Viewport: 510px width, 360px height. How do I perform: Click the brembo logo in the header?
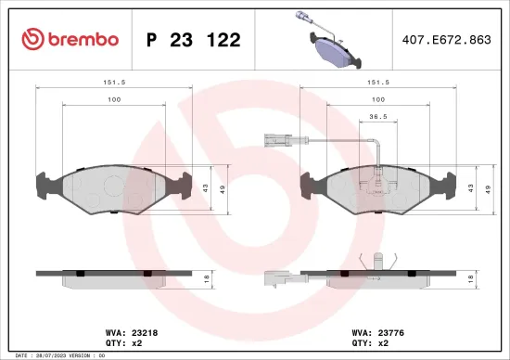tap(70, 40)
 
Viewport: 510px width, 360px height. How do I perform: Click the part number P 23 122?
tap(194, 40)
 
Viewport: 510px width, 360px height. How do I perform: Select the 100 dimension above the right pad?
tap(378, 99)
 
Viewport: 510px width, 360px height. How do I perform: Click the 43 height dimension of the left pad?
tap(207, 188)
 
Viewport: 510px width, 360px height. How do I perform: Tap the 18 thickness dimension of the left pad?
tap(207, 279)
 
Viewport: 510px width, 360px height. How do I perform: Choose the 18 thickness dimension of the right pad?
tap(471, 279)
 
